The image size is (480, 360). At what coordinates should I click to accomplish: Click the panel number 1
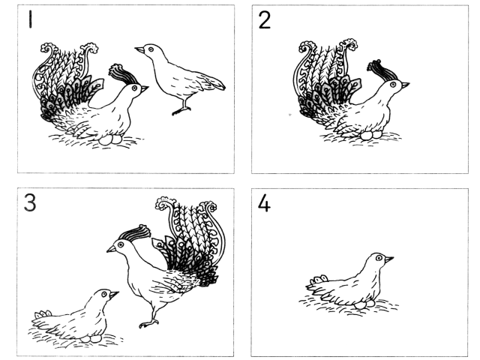pyautogui.click(x=30, y=19)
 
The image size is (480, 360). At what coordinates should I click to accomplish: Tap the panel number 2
pyautogui.click(x=265, y=20)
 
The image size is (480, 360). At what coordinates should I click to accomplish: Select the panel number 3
pyautogui.click(x=30, y=202)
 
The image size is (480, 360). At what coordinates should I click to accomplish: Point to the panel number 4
pyautogui.click(x=264, y=203)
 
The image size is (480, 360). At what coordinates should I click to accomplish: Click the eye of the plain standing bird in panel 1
pyautogui.click(x=151, y=49)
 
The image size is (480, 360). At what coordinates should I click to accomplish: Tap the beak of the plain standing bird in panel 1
pyautogui.click(x=139, y=49)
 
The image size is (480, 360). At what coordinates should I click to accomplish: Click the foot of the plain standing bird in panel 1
pyautogui.click(x=181, y=111)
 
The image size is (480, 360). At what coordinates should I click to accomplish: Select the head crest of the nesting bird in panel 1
pyautogui.click(x=123, y=73)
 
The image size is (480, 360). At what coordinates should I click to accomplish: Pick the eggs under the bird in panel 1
pyautogui.click(x=110, y=139)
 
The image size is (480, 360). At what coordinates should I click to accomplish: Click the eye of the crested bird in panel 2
pyautogui.click(x=393, y=85)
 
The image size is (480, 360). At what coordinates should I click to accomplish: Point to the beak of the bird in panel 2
pyautogui.click(x=405, y=85)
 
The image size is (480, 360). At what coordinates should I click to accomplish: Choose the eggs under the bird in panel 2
pyautogui.click(x=371, y=135)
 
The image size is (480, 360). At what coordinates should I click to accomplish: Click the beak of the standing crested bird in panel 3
pyautogui.click(x=112, y=249)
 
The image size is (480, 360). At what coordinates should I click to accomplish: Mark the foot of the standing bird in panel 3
pyautogui.click(x=149, y=323)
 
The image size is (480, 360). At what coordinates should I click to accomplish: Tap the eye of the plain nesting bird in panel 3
pyautogui.click(x=104, y=294)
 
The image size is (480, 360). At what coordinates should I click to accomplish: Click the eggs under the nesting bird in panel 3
pyautogui.click(x=91, y=338)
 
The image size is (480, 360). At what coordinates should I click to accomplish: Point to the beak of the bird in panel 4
pyautogui.click(x=389, y=259)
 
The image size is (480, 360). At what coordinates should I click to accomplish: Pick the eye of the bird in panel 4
pyautogui.click(x=379, y=258)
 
